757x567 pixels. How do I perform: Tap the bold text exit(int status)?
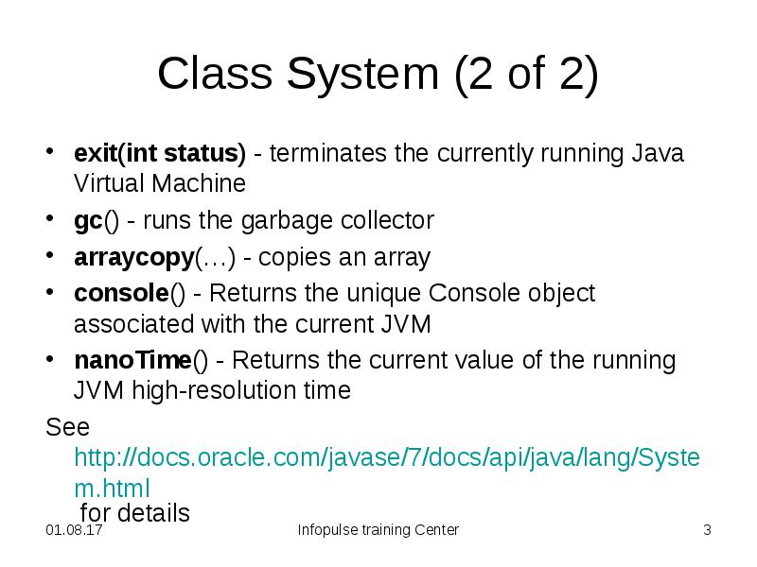160,153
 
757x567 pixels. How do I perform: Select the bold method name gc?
88,221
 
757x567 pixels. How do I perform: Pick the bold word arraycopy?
133,257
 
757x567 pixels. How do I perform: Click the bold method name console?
121,293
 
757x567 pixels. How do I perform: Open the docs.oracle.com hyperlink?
387,458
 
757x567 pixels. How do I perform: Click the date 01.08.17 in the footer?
74,530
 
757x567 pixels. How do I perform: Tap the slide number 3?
706,530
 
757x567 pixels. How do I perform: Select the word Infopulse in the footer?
327,530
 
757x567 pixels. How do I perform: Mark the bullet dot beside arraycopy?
51,257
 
